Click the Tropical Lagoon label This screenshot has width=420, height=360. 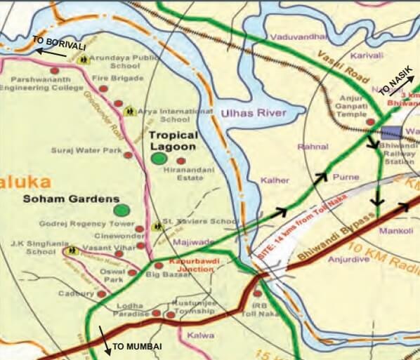pos(173,140)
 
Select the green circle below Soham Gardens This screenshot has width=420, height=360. pos(122,210)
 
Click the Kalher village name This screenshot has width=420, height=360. pos(275,180)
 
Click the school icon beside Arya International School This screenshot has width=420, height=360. pos(129,111)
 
